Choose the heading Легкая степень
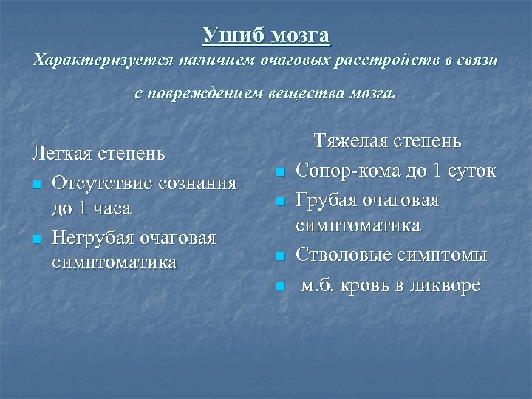click(x=98, y=154)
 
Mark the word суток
click(x=471, y=171)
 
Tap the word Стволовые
click(x=344, y=256)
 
